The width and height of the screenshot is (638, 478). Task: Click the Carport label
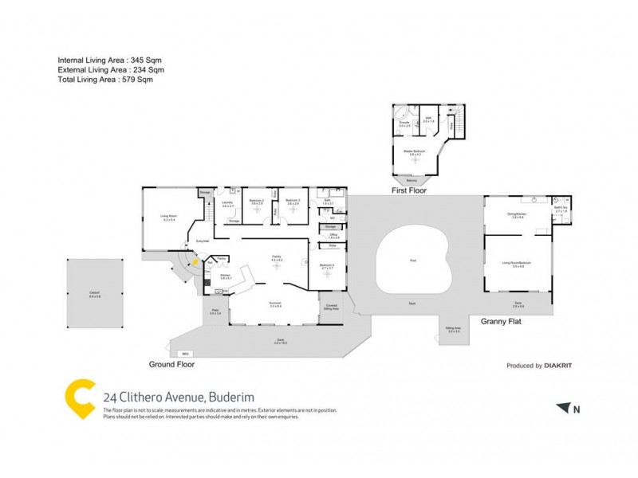(x=94, y=293)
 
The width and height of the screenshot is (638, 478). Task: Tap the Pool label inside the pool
(x=412, y=260)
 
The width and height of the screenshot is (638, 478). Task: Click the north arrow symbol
(x=564, y=408)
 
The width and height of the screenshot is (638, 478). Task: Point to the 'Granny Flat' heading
(x=501, y=322)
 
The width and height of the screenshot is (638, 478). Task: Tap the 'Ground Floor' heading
(x=171, y=364)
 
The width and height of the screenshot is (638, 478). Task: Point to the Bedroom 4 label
(x=327, y=266)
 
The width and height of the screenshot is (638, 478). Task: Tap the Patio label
(x=215, y=312)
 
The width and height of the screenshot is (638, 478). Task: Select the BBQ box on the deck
(x=185, y=353)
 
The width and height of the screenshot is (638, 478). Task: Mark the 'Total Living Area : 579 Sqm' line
(x=104, y=80)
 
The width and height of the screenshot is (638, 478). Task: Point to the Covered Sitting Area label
(x=331, y=304)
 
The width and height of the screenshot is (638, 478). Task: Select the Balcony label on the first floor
(x=412, y=179)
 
